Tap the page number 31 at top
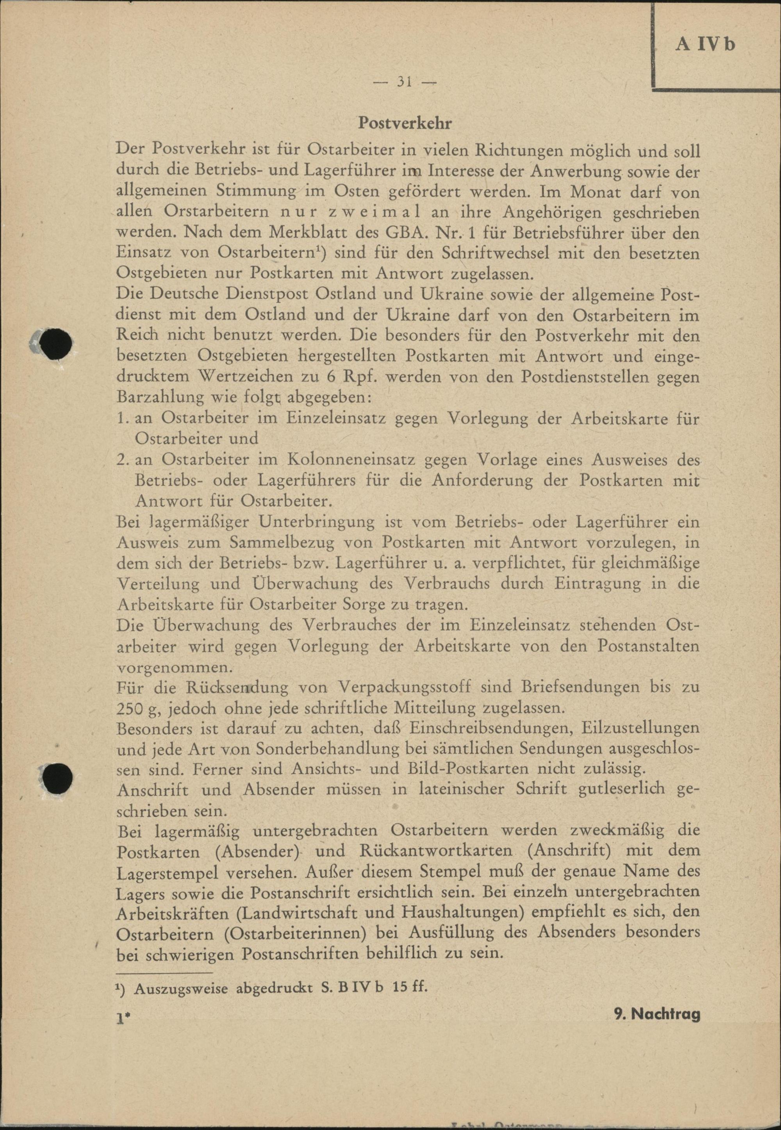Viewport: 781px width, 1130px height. [404, 82]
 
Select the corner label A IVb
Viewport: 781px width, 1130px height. [705, 45]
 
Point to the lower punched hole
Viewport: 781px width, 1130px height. [57, 778]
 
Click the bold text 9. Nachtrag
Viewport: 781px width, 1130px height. [657, 1014]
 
